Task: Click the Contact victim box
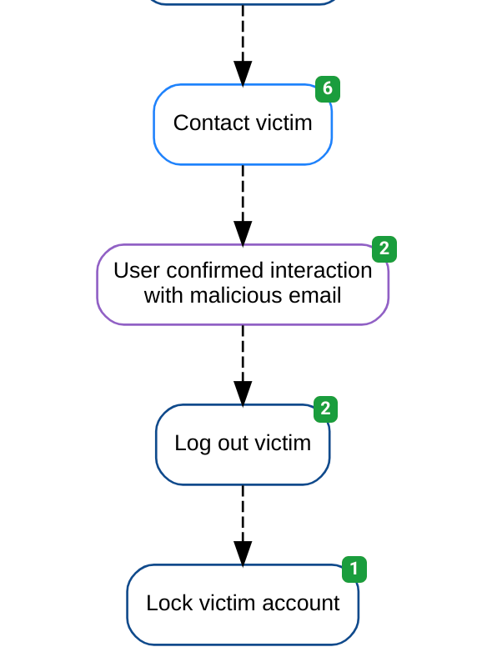[x=243, y=124]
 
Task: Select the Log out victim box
[x=243, y=444]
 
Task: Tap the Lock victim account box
[x=243, y=604]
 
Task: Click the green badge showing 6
[x=328, y=89]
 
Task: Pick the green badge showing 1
[x=354, y=569]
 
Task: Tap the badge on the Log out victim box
[x=325, y=409]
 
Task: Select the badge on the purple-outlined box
[x=384, y=249]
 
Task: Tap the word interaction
[x=321, y=270]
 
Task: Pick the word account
[x=300, y=604]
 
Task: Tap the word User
[x=137, y=270]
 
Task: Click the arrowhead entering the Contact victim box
[x=243, y=73]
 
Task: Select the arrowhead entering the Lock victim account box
[x=243, y=554]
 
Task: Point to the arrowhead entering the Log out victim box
[x=243, y=394]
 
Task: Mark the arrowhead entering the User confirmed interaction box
[x=243, y=233]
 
